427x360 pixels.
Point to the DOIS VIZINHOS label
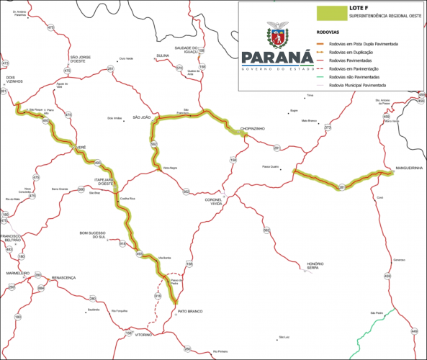tap(16, 79)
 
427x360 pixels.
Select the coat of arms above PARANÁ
tap(277, 34)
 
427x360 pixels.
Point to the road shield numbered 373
tap(328, 127)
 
